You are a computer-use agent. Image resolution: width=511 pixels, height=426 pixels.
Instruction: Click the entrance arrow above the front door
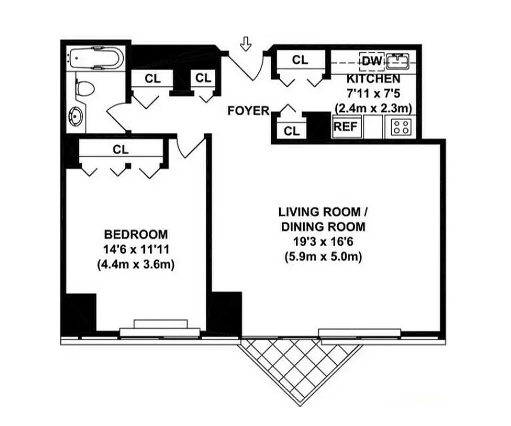(245, 44)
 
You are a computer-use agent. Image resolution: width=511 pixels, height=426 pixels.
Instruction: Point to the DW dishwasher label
(371, 61)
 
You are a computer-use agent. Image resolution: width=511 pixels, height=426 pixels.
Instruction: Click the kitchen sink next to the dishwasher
(398, 61)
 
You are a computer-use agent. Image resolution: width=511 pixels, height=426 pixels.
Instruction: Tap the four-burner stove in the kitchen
(402, 128)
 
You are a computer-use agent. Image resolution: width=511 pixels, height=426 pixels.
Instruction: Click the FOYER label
(248, 111)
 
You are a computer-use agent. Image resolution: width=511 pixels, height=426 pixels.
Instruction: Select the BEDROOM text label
(136, 234)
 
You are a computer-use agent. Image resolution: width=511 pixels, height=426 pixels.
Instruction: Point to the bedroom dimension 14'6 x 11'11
(136, 249)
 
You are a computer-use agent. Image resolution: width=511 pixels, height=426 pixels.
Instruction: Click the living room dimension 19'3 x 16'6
(322, 242)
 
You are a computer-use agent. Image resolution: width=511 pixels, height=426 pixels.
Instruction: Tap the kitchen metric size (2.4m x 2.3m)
(374, 108)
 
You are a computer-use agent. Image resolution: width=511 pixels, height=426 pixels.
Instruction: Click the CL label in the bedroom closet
(121, 150)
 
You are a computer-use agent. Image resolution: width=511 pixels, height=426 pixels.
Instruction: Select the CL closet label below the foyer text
(291, 130)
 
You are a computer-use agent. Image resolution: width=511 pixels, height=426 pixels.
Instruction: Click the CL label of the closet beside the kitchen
(300, 60)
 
